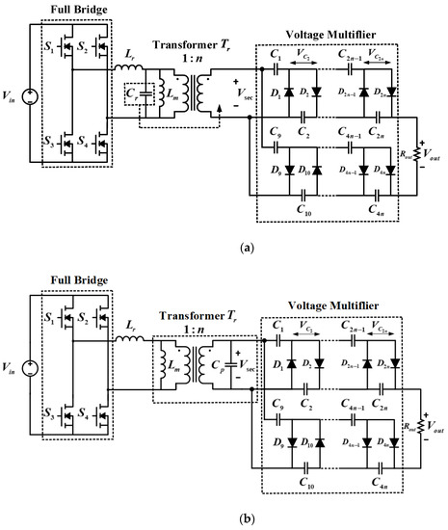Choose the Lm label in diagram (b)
[183, 358]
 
